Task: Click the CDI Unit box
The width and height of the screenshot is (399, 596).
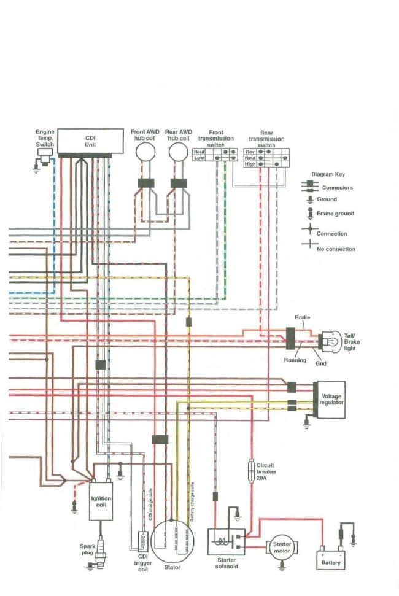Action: click(90, 142)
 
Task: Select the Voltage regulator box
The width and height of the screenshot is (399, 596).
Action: click(331, 400)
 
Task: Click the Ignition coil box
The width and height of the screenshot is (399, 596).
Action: click(101, 500)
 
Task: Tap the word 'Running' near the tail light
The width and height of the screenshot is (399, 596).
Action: click(295, 360)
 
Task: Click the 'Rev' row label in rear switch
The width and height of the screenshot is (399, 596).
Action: click(250, 151)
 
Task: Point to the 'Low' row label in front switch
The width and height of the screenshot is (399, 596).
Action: click(199, 158)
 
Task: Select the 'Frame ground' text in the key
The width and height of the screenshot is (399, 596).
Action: click(335, 214)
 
